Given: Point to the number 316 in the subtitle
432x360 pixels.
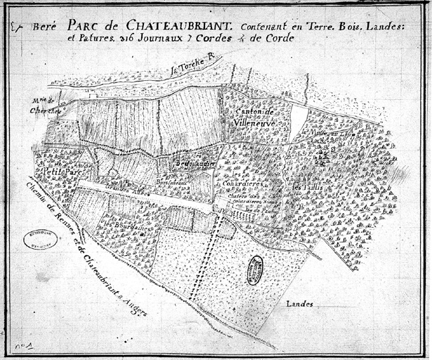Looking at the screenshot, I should (x=133, y=39).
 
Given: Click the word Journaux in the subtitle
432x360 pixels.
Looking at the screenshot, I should (x=168, y=39).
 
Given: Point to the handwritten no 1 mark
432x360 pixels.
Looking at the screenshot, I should (x=25, y=345).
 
